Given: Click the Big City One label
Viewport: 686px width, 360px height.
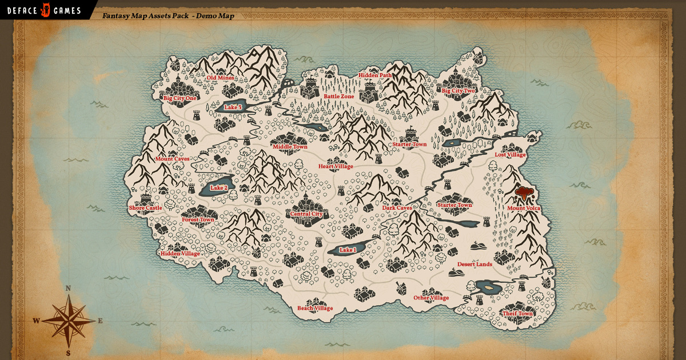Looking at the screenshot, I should (180, 98).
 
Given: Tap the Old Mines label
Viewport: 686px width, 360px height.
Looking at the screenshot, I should (220, 78).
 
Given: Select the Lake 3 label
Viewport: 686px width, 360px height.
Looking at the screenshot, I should (233, 107).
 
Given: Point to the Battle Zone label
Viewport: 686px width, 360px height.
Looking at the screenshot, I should (339, 97).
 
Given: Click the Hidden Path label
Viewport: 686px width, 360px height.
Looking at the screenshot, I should (375, 75).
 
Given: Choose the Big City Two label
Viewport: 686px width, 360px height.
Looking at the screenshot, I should (458, 91).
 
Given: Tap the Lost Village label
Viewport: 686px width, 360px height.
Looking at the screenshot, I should (510, 155).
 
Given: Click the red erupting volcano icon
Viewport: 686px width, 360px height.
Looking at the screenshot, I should (523, 193).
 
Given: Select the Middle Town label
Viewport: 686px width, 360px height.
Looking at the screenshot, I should (290, 147).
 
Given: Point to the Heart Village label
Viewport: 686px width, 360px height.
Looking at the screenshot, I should (336, 166).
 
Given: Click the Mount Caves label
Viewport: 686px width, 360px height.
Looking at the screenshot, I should (172, 159).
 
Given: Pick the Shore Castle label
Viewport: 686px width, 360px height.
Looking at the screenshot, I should (145, 208).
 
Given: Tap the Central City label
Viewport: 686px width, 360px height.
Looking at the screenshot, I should (306, 214).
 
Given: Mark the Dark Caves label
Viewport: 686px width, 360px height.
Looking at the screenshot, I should (397, 208).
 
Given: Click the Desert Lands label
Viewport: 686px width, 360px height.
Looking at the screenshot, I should (474, 265).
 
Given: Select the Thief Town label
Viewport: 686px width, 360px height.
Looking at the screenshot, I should (517, 314).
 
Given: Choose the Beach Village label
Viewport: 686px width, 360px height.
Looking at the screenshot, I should (315, 309).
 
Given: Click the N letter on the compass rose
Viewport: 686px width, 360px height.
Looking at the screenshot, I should (68, 289).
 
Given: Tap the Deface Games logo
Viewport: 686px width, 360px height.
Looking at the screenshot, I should (44, 10).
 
